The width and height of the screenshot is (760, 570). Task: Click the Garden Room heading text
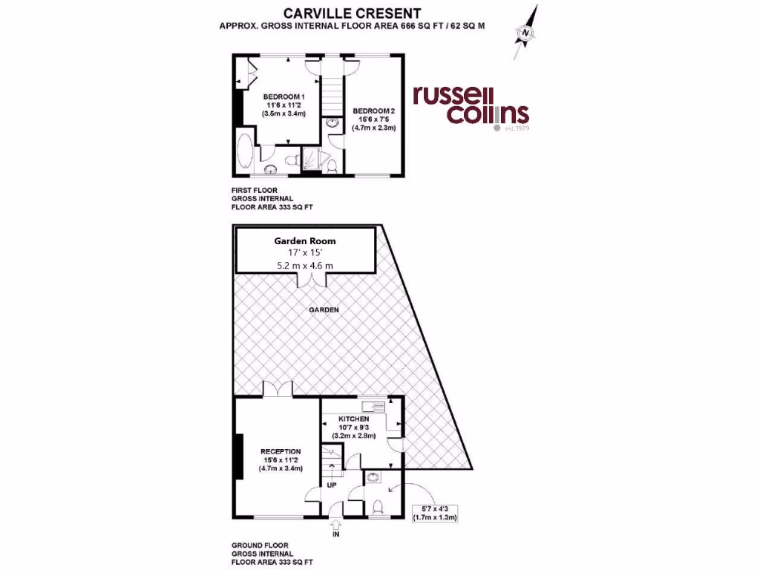[305, 240]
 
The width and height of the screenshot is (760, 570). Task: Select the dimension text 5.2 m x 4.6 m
[305, 265]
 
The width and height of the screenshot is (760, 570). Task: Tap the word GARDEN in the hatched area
[324, 309]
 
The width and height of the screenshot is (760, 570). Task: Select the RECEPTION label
[280, 451]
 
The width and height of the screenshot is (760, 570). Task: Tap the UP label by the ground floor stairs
[332, 486]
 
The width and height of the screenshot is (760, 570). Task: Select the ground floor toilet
[378, 506]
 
